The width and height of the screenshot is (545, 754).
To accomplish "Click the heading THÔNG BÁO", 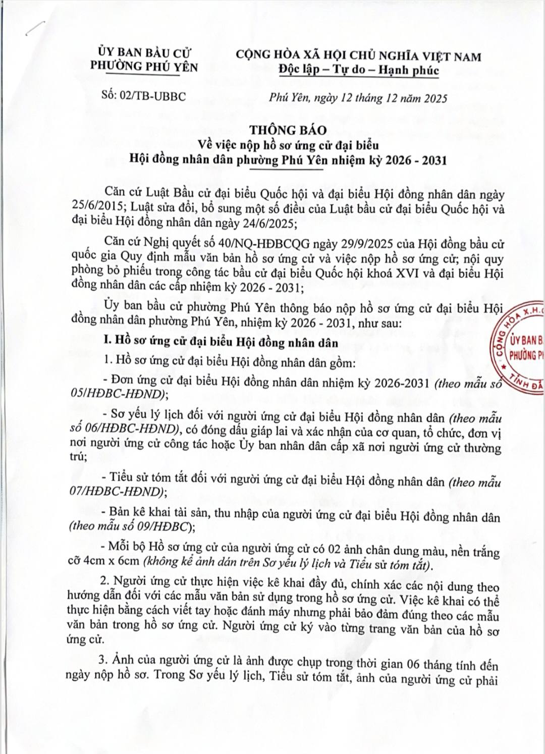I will (288, 130).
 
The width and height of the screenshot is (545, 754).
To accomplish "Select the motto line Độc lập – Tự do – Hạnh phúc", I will (359, 70).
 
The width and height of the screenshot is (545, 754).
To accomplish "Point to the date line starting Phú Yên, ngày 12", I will (358, 98).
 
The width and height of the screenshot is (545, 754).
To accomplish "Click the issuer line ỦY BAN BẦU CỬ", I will (144, 52).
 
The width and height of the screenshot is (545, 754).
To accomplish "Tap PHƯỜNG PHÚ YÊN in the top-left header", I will (144, 66).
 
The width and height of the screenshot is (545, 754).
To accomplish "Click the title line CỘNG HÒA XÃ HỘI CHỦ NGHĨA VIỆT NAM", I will (358, 56).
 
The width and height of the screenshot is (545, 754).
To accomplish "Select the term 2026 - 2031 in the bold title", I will (416, 160).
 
